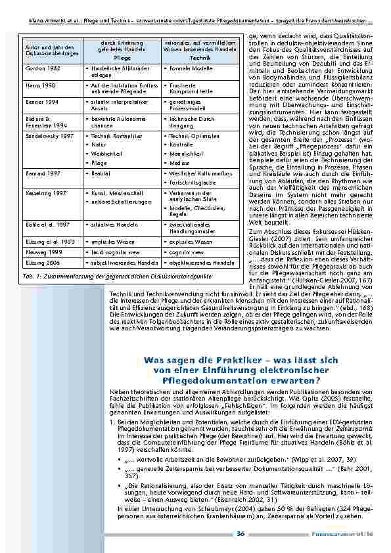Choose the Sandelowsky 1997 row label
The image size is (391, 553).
click(x=46, y=135)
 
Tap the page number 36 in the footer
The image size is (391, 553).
click(x=241, y=533)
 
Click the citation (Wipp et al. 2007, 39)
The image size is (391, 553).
click(x=280, y=459)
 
